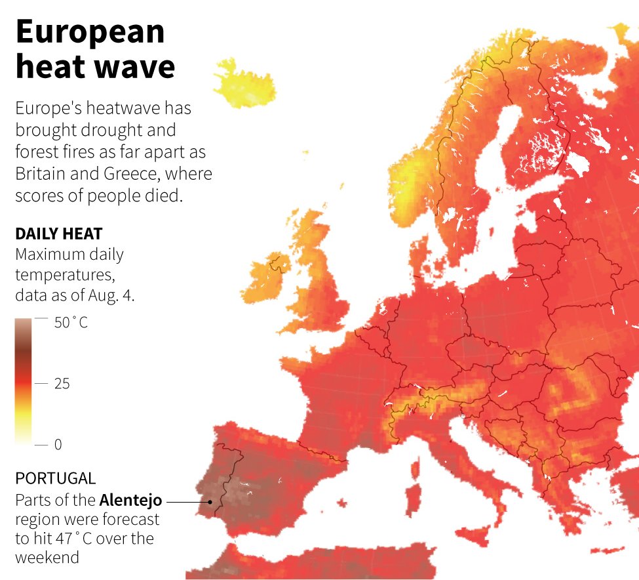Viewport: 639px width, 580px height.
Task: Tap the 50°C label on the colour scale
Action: click(x=71, y=323)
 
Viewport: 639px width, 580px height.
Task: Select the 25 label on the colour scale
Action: click(x=62, y=384)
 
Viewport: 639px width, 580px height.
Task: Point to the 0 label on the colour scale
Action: click(x=58, y=444)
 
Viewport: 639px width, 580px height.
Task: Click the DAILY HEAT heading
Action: click(x=58, y=234)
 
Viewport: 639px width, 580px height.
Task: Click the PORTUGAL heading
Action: click(x=55, y=478)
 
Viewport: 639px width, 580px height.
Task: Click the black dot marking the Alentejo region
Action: click(x=210, y=503)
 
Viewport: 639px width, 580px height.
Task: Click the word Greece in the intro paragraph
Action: click(x=187, y=175)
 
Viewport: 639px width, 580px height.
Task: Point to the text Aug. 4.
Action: click(x=113, y=295)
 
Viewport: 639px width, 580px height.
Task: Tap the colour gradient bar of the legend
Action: click(x=24, y=381)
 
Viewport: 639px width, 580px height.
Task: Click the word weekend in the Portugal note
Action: click(x=47, y=558)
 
